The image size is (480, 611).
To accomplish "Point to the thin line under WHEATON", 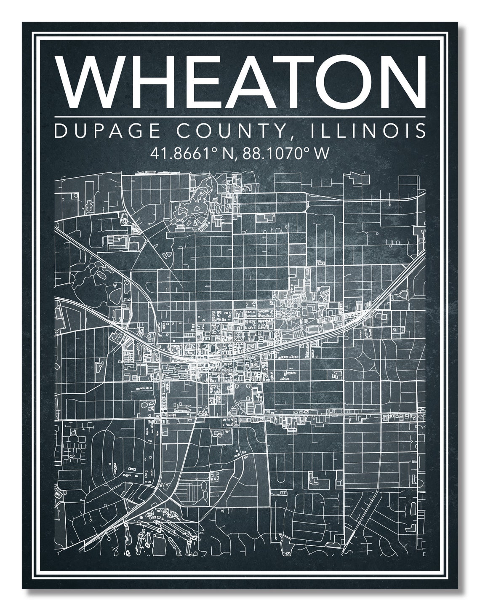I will click(x=240, y=116).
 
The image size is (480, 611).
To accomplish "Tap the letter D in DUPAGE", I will click(x=60, y=131).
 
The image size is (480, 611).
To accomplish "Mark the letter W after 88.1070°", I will click(x=320, y=153).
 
